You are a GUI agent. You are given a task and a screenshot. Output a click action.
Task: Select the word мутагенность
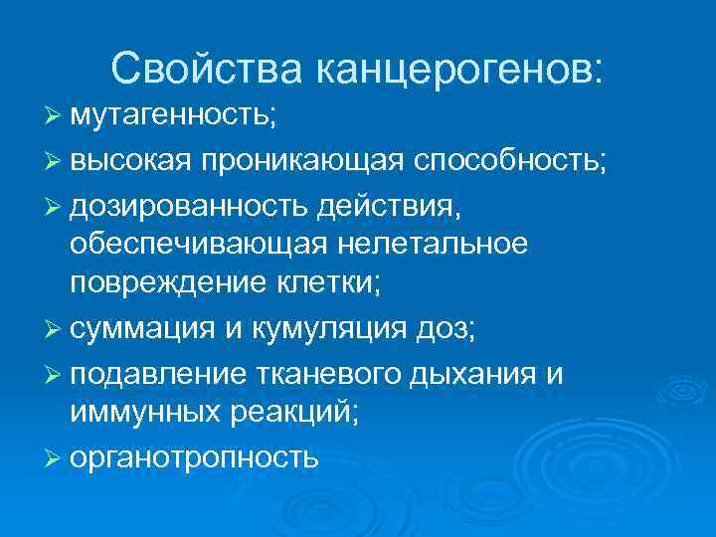click(174, 115)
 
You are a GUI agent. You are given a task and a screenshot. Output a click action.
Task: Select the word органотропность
click(194, 457)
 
